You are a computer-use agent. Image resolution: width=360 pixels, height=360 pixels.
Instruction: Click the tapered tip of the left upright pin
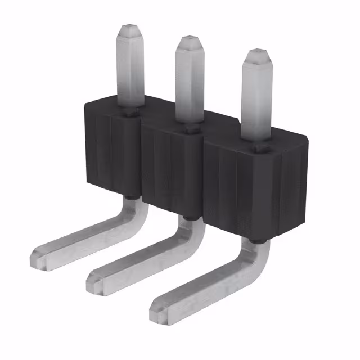(130, 29)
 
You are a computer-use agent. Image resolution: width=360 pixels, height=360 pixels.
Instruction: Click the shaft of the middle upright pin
(188, 84)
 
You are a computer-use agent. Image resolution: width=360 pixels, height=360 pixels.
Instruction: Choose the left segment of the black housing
(112, 152)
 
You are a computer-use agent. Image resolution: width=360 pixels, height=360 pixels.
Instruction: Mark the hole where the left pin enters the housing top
(130, 113)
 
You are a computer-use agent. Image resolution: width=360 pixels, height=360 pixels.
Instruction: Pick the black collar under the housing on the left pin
(130, 197)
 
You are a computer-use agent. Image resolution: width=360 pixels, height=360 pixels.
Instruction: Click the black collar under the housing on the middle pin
(187, 217)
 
